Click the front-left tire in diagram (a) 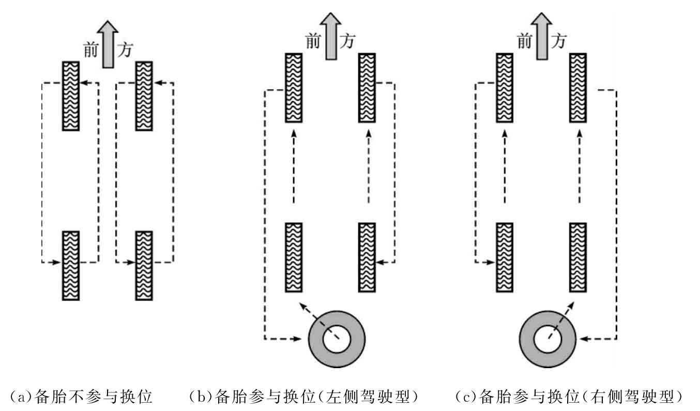click(x=71, y=96)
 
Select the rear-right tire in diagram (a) click(x=144, y=266)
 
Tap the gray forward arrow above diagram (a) click(x=108, y=44)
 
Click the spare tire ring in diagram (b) click(x=337, y=339)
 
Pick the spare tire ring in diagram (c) click(x=548, y=339)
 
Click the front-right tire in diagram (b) click(x=367, y=88)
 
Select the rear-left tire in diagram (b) click(x=294, y=258)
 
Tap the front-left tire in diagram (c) click(x=505, y=88)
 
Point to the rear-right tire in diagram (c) click(x=578, y=258)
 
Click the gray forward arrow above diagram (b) click(x=331, y=36)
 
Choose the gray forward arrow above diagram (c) click(x=542, y=36)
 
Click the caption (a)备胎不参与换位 click(x=81, y=397)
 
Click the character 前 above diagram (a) click(x=91, y=50)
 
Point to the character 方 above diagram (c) click(x=558, y=41)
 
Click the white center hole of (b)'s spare click(x=337, y=339)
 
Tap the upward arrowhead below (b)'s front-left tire click(x=294, y=134)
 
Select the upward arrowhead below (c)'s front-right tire click(x=580, y=134)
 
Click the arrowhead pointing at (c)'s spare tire click(x=584, y=339)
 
